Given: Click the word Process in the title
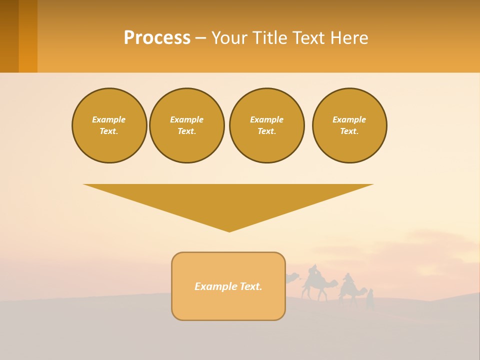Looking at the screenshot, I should [157, 38].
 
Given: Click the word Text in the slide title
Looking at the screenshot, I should [306, 38].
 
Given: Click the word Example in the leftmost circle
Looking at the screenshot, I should [109, 119].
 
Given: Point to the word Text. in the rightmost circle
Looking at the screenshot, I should [349, 131].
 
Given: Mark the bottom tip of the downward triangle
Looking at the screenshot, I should [229, 231].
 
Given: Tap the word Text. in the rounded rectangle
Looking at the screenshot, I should [250, 286].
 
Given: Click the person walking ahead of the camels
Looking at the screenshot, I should [370, 299].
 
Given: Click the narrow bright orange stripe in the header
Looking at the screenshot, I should [28, 36].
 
